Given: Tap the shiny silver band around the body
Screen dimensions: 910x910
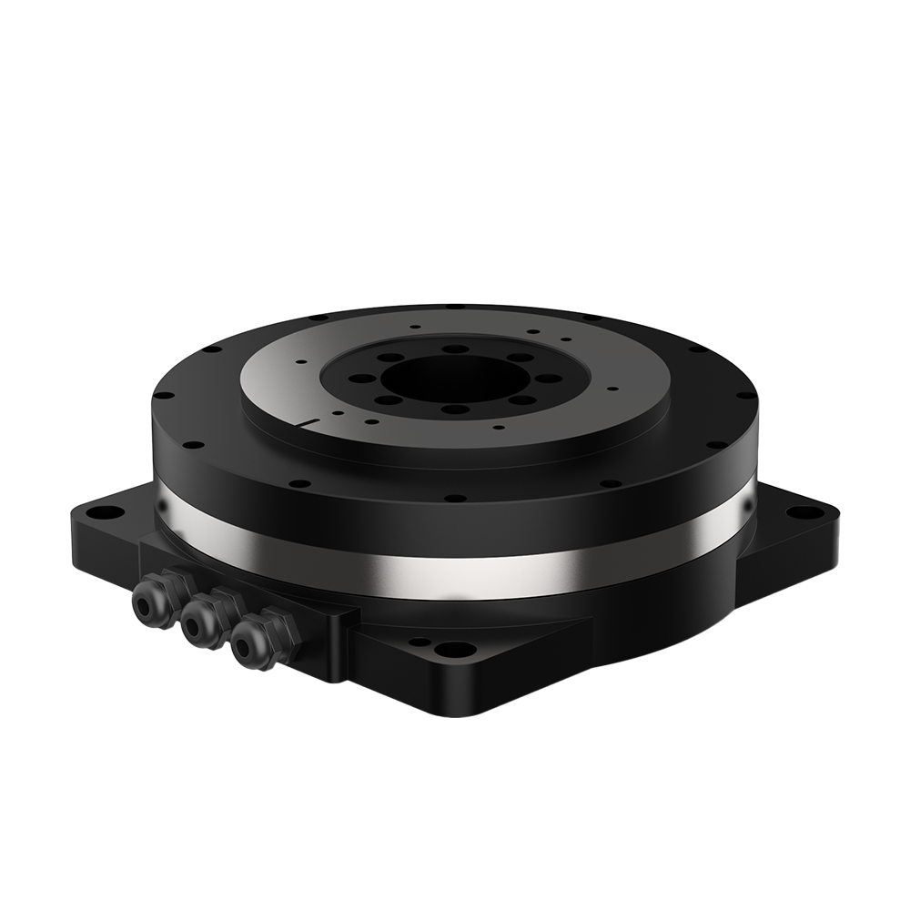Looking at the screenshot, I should point(455,564).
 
